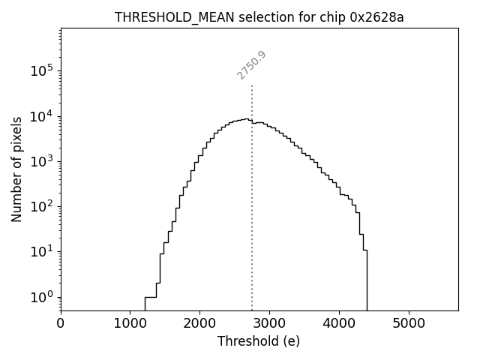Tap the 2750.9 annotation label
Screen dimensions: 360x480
[252, 65]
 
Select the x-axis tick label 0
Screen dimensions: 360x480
[61, 325]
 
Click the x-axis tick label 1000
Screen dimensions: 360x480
[130, 325]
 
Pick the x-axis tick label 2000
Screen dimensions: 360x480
[199, 325]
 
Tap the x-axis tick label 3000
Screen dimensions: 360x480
[269, 325]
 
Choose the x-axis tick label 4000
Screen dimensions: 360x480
[339, 325]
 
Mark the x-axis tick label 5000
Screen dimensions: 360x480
[408, 325]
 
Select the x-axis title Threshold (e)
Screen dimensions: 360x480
[259, 341]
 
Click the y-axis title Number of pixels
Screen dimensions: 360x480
[16, 169]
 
